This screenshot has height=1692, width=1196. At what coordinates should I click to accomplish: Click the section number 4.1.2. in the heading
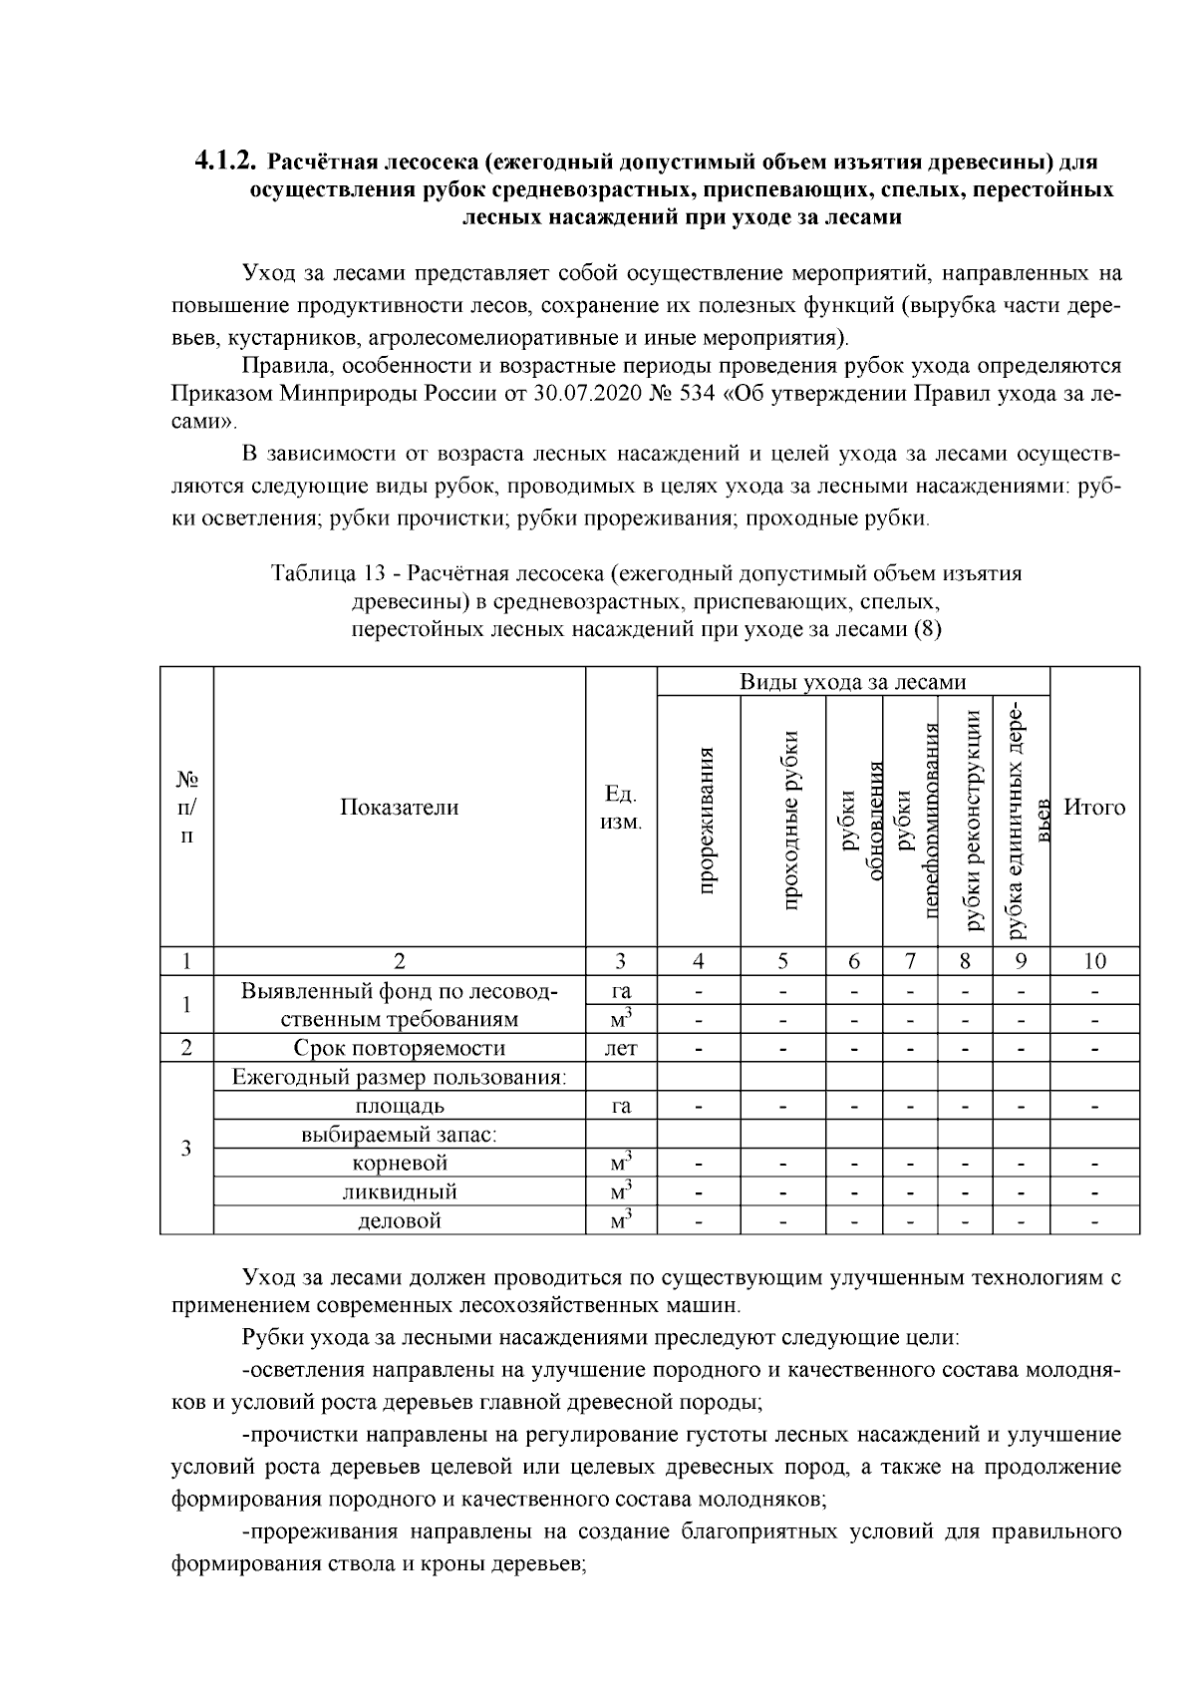pyautogui.click(x=225, y=161)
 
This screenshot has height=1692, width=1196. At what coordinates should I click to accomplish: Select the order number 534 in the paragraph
pyautogui.click(x=699, y=393)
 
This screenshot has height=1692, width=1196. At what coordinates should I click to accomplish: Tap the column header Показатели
pyautogui.click(x=400, y=807)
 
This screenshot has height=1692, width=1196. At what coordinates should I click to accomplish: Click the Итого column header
pyautogui.click(x=1094, y=807)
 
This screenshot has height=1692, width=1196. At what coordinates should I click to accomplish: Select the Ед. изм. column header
pyautogui.click(x=621, y=808)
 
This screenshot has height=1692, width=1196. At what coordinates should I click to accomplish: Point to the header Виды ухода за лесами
pyautogui.click(x=852, y=682)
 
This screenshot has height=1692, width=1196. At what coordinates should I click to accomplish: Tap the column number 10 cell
pyautogui.click(x=1094, y=961)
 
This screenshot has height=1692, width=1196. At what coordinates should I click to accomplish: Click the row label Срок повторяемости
pyautogui.click(x=400, y=1048)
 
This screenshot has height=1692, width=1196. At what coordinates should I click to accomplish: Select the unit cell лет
pyautogui.click(x=621, y=1048)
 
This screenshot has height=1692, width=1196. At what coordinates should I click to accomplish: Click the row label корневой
pyautogui.click(x=400, y=1163)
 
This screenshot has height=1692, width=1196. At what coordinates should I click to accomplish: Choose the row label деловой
pyautogui.click(x=400, y=1220)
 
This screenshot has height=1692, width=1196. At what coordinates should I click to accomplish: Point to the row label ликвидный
pyautogui.click(x=400, y=1191)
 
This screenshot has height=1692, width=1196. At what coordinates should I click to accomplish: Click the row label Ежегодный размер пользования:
pyautogui.click(x=400, y=1077)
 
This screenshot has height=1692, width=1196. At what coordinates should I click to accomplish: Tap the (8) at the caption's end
pyautogui.click(x=927, y=629)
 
